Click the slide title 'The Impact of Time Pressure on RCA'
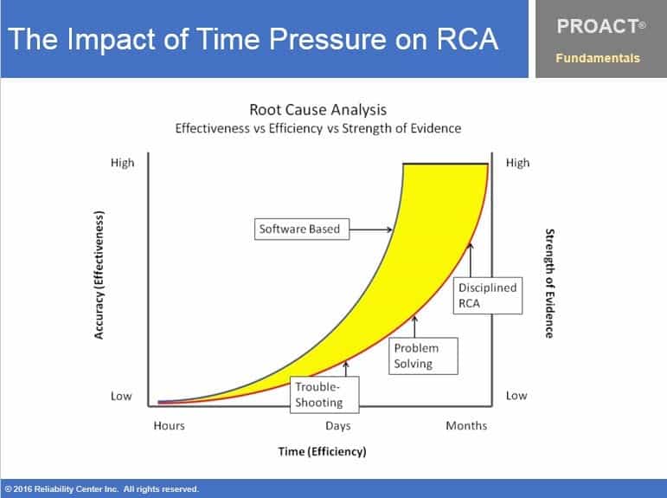[x=253, y=39]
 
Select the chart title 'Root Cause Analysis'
[x=317, y=110]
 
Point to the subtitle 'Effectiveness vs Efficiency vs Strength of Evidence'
[x=317, y=128]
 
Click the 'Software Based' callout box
[x=300, y=230]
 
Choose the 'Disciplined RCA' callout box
[x=487, y=294]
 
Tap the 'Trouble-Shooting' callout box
[x=319, y=394]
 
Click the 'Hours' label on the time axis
[x=170, y=425]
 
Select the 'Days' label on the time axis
[x=337, y=425]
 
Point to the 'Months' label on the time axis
[x=466, y=425]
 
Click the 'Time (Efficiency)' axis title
[x=322, y=452]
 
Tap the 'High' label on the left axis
[x=122, y=163]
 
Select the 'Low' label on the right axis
[x=516, y=396]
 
